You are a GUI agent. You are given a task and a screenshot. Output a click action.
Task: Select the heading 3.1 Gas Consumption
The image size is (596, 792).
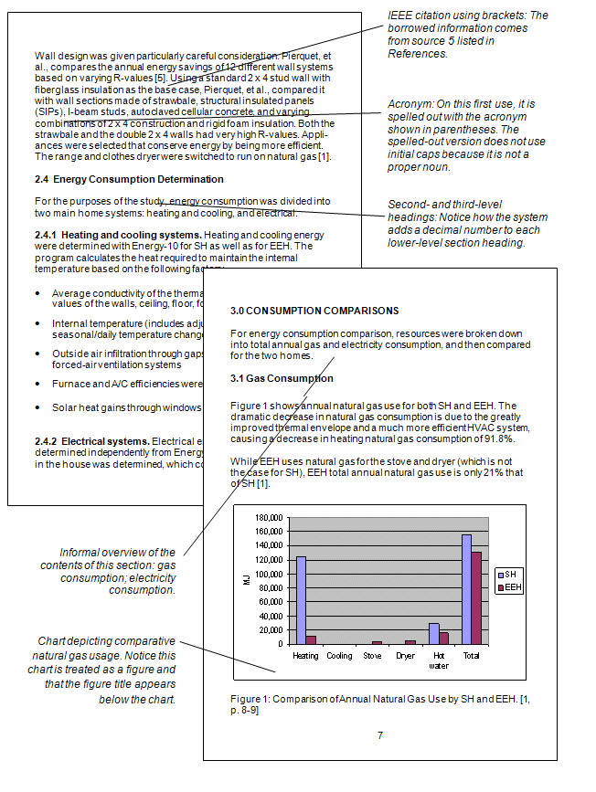[x=282, y=378]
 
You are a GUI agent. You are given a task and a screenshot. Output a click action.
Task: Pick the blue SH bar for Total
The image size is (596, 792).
[x=467, y=590]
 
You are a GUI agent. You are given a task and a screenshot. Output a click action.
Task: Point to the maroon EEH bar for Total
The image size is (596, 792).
[x=476, y=598]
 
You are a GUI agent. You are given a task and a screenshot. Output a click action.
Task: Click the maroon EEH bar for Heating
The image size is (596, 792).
[x=311, y=641]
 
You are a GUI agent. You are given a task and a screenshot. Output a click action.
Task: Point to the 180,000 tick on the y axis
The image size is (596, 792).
[x=268, y=518]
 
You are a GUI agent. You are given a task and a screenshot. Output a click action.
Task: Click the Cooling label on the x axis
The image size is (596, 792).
[x=339, y=656]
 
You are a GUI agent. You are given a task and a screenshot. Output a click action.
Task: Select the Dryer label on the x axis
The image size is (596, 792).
[x=405, y=656]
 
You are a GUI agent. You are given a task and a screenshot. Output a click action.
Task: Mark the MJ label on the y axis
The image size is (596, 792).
[x=246, y=581]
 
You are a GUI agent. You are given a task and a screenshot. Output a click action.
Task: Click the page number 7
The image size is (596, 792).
[x=379, y=734]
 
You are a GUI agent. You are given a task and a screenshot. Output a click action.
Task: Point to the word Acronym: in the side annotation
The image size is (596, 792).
[x=410, y=104]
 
